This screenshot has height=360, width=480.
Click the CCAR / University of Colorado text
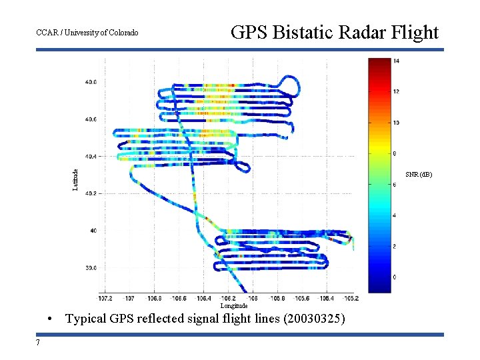tap(87, 33)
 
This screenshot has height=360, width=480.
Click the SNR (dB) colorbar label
tap(419, 175)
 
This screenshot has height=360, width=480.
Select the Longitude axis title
tap(234, 305)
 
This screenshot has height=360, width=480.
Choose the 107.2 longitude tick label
tap(105, 298)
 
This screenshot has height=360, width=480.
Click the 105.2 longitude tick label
tap(351, 298)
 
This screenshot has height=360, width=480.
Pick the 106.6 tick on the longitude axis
tap(179, 298)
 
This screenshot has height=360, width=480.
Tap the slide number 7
tap(38, 343)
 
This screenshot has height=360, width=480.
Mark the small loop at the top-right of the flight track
tap(291, 84)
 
